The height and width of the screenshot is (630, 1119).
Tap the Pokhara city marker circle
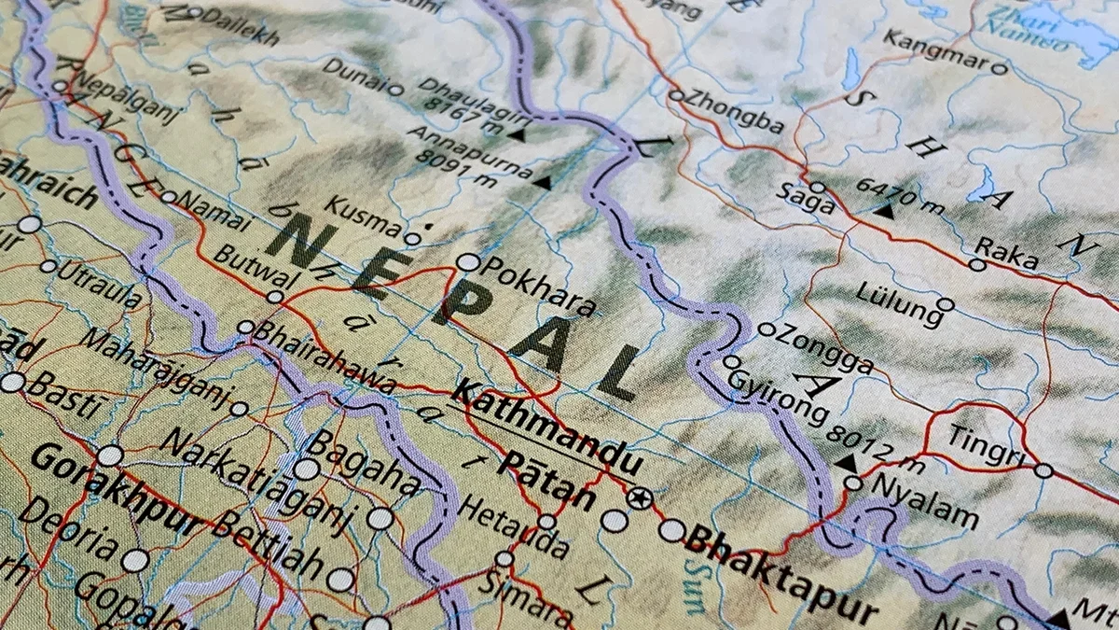click(467, 262)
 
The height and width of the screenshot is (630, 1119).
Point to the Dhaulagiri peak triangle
click(516, 135)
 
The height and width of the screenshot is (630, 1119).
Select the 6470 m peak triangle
click(883, 212)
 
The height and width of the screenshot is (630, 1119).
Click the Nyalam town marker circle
click(853, 483)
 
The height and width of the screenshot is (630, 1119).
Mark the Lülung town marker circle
click(945, 304)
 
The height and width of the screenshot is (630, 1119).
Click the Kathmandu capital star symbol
click(638, 497)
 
